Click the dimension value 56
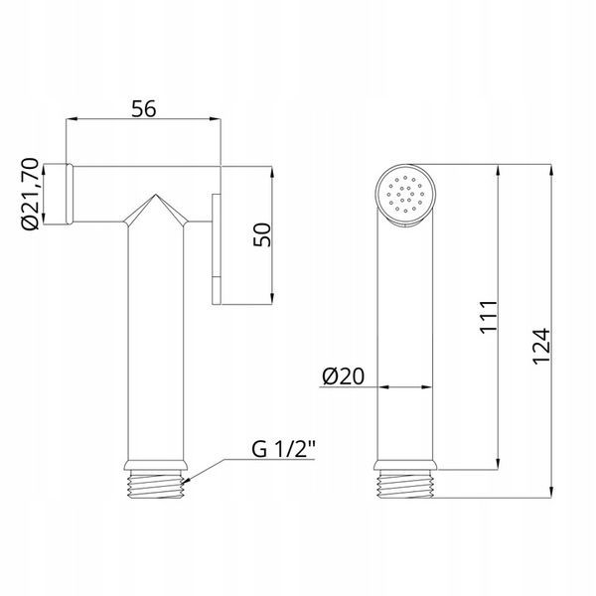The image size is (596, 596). [x=144, y=108]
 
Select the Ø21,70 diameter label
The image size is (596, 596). [x=31, y=194]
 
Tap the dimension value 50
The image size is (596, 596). [x=262, y=234]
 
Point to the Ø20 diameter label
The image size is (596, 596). [x=343, y=375]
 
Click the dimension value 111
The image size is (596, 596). [x=489, y=317]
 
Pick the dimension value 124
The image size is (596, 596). [x=541, y=347]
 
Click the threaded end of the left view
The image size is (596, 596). [x=155, y=484]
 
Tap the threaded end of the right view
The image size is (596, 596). [x=405, y=484]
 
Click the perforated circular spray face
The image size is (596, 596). [x=405, y=194]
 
